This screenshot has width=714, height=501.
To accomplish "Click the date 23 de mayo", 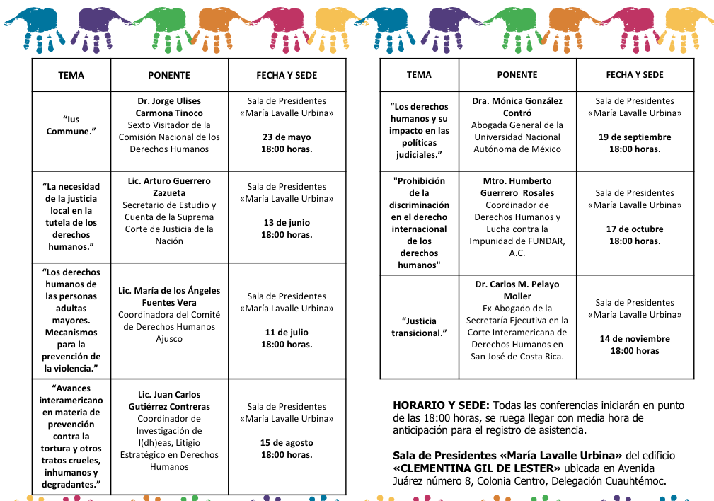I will (x=287, y=137).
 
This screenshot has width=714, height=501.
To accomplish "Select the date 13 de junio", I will (x=287, y=223).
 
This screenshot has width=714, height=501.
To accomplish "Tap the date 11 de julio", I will (x=287, y=333).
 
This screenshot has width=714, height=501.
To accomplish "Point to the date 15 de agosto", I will (x=287, y=443).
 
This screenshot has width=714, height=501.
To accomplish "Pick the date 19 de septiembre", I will (x=635, y=137).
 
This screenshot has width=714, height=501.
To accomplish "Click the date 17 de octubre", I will (x=635, y=229).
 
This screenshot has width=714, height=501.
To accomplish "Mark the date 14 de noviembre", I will (x=635, y=339).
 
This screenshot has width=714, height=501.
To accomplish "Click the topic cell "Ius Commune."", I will (x=71, y=125).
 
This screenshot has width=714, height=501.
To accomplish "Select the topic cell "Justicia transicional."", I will (x=419, y=327).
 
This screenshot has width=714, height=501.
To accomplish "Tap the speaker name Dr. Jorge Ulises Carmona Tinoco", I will (x=169, y=107).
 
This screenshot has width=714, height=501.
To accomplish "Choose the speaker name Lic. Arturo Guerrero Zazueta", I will (x=169, y=187).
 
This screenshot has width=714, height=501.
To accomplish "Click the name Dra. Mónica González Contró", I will (x=517, y=107).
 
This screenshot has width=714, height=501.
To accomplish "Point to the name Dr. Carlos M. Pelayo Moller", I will (x=517, y=290).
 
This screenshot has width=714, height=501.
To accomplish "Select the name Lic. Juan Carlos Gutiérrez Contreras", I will (x=169, y=401).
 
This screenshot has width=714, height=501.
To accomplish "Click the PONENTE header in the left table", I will (x=169, y=75).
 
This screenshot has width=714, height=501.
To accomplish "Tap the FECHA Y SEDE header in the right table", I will (x=635, y=75).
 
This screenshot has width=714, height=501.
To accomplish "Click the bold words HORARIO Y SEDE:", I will (x=441, y=406).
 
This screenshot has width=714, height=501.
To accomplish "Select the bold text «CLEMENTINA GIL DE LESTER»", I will (x=477, y=468).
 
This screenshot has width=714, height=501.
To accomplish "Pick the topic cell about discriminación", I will (x=419, y=223).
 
